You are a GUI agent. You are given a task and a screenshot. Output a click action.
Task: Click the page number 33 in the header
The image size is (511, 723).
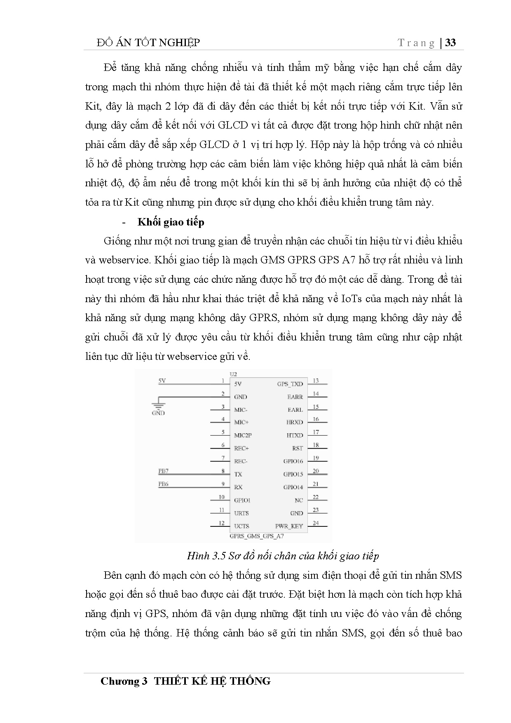click(451, 43)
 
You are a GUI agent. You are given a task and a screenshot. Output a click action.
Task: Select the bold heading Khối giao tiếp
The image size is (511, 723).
click(171, 222)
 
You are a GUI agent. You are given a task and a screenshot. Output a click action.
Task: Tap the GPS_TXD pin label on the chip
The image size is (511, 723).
click(290, 384)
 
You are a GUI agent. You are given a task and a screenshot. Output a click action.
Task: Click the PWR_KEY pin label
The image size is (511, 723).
click(289, 526)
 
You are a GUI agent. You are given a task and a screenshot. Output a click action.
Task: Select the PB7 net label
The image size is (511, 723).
click(163, 471)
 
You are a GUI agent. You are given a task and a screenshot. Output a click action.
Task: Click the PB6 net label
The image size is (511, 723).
click(163, 484)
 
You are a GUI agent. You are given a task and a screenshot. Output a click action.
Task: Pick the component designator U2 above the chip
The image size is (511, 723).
click(233, 374)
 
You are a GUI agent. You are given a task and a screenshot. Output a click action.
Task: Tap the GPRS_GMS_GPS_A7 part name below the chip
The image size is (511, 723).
click(256, 537)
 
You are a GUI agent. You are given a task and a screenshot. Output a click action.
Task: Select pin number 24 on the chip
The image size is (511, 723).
click(316, 523)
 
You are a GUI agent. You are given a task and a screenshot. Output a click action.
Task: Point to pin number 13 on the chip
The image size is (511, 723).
click(316, 381)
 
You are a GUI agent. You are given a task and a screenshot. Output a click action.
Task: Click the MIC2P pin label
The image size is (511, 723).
click(243, 435)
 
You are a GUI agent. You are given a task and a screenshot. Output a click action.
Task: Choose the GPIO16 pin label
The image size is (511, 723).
click(293, 461)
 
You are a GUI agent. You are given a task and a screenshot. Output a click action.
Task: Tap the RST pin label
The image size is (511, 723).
click(297, 448)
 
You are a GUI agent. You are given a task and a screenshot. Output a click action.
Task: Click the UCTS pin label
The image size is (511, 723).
click(241, 526)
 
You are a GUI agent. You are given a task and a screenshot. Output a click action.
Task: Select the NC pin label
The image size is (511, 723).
click(299, 500)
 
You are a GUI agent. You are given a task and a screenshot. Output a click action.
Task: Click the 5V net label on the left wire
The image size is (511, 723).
click(162, 381)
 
